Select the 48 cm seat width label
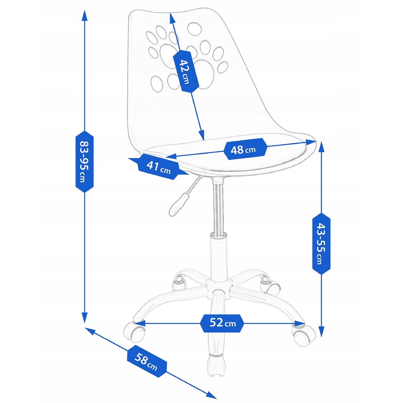click(245, 149)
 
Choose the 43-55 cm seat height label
click(321, 243)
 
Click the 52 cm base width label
click(222, 323)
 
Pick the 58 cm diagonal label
click(147, 360)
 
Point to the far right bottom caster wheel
click(304, 336)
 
